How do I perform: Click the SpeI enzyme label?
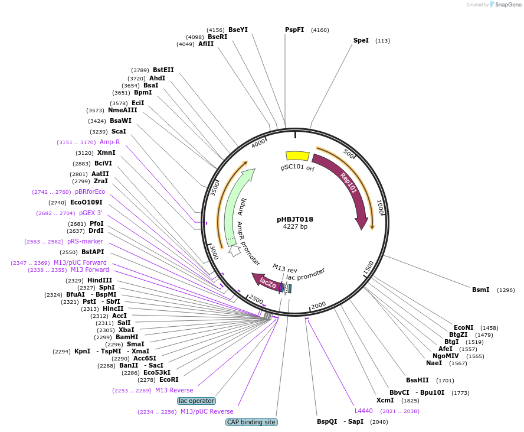tap(361, 40)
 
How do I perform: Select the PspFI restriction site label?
tap(294, 30)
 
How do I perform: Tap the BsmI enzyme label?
tap(480, 290)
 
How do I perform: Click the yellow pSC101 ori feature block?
tap(297, 155)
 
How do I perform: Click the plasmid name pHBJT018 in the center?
tap(295, 219)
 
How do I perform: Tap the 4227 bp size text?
tap(295, 226)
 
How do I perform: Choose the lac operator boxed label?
tap(197, 401)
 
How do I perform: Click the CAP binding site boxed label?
tap(251, 422)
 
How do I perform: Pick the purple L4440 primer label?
tap(363, 411)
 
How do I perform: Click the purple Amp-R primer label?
tap(110, 142)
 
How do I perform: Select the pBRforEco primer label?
tap(90, 192)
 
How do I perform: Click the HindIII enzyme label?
tap(100, 280)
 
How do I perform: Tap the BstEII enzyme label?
tap(163, 70)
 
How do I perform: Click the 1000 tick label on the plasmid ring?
tap(381, 206)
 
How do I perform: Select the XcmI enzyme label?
tap(385, 400)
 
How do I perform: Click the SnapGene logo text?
tap(507, 5)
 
